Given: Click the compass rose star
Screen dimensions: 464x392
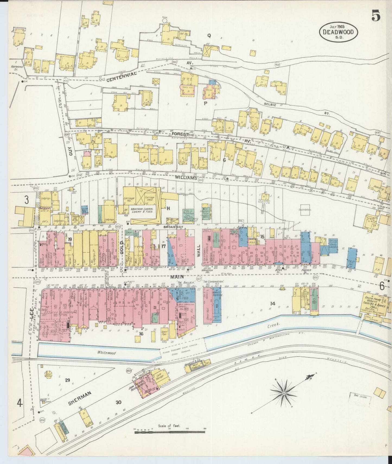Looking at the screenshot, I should [x=283, y=393].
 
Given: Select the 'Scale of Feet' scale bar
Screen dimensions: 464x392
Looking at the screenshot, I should [x=169, y=431].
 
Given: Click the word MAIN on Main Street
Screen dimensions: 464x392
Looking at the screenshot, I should [x=177, y=277].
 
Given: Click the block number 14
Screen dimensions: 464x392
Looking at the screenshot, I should [x=273, y=303].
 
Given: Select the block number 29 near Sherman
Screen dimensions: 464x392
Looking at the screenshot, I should [x=67, y=380].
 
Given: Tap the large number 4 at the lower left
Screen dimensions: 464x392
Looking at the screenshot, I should [x=19, y=403].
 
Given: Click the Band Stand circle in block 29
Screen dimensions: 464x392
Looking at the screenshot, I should [x=49, y=376].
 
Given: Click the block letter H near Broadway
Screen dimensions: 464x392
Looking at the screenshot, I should [x=168, y=208].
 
